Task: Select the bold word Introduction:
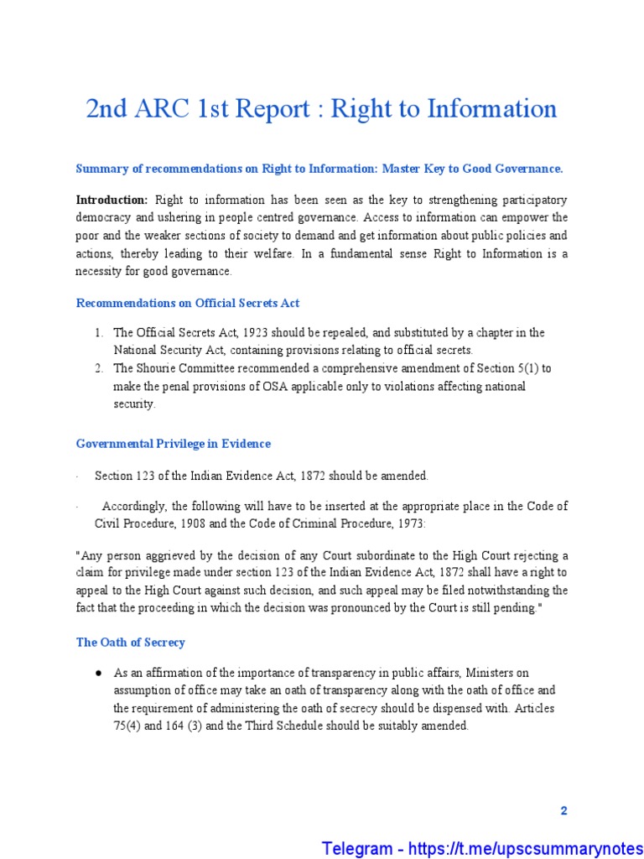coord(112,200)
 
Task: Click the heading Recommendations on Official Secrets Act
coord(188,303)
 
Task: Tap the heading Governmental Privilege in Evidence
coord(174,443)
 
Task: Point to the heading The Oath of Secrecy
coord(130,642)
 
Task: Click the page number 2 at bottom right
coord(563,810)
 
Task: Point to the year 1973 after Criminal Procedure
coord(408,523)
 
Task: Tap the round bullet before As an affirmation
coord(98,673)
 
